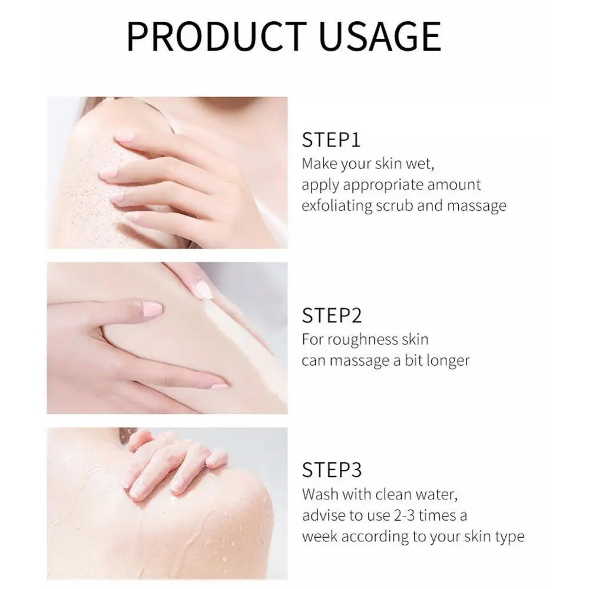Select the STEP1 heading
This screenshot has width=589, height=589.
tap(331, 141)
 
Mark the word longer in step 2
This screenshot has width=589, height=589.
tap(449, 360)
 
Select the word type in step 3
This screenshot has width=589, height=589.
tap(509, 537)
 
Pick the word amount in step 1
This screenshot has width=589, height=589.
tap(455, 184)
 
